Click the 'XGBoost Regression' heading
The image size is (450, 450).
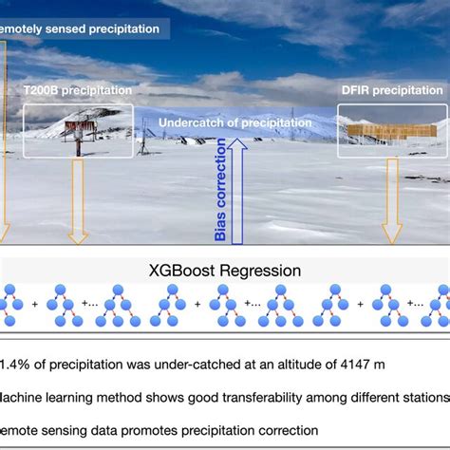[226, 271]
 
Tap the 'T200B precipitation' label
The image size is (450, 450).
[77, 90]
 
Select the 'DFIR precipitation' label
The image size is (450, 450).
[390, 90]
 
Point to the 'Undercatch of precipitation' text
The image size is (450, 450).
[234, 122]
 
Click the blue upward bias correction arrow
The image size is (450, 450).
[238, 190]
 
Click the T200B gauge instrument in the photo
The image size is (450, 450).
[78, 133]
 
